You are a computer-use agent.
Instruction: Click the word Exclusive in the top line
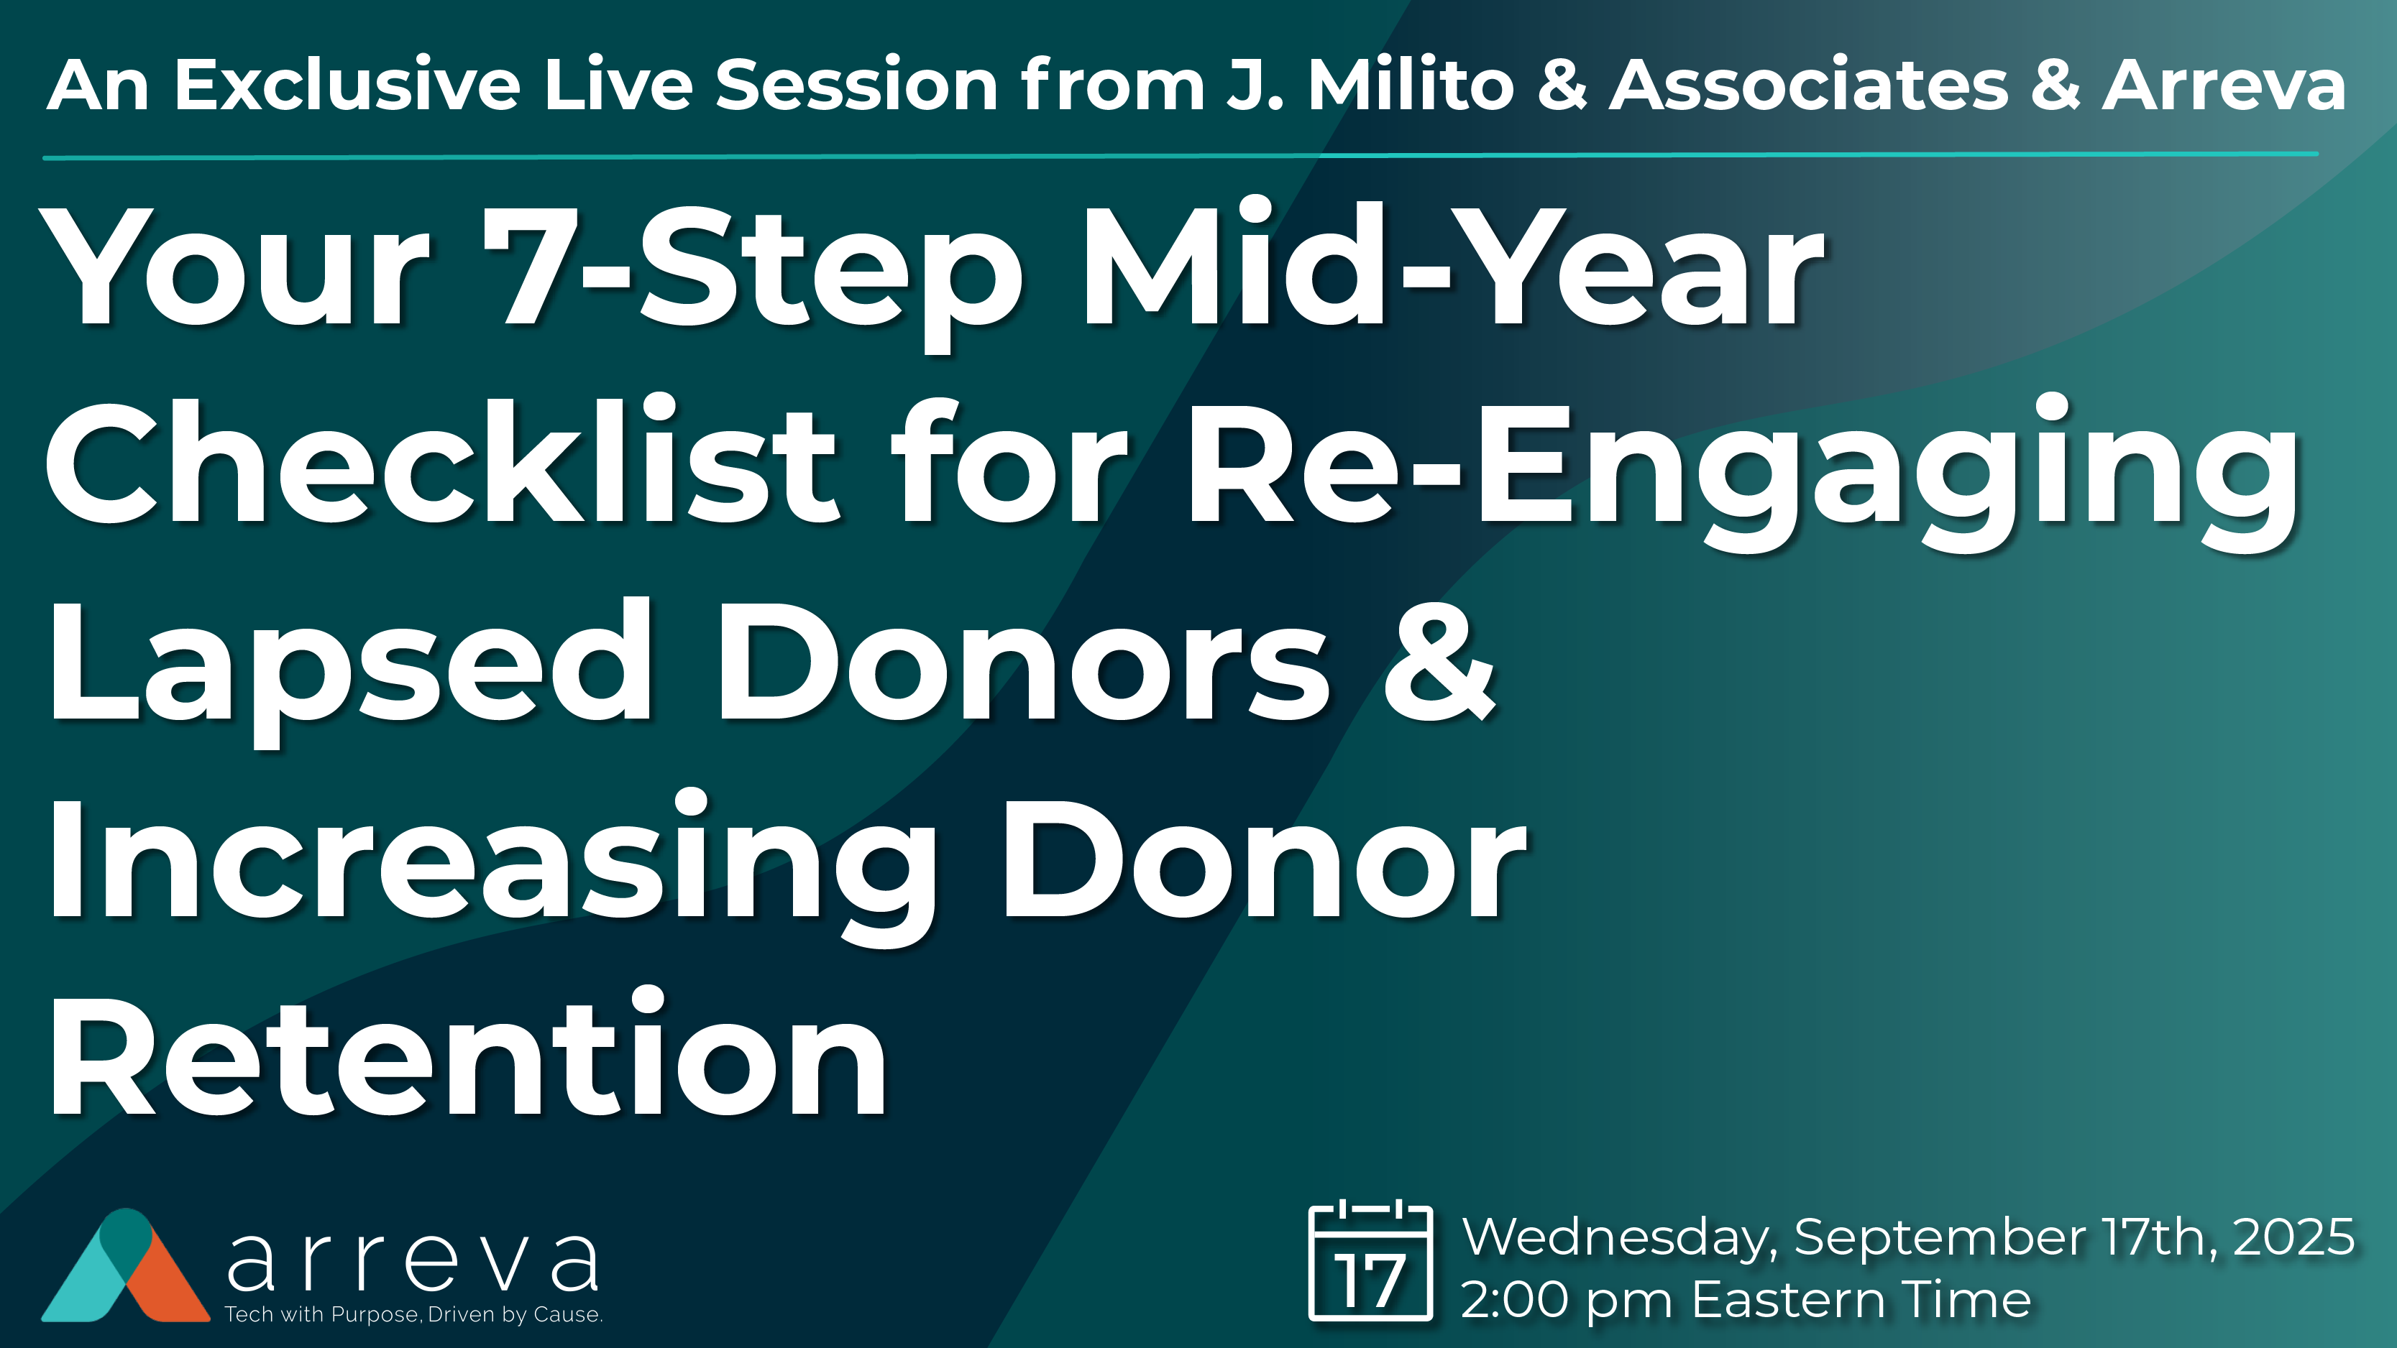[346, 86]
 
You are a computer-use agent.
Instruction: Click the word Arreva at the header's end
[2223, 86]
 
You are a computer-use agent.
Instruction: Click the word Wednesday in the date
[1619, 1238]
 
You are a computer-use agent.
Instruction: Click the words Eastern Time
[1861, 1300]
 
